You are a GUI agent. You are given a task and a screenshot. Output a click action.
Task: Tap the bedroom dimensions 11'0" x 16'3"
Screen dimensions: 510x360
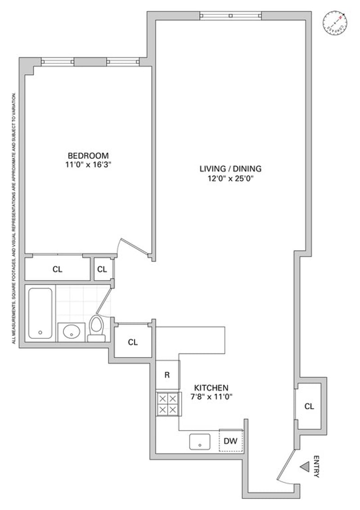coord(88,165)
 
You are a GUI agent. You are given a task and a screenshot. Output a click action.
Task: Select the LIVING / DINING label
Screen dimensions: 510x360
coord(230,169)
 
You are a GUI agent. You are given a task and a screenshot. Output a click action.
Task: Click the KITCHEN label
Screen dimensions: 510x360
coord(211,388)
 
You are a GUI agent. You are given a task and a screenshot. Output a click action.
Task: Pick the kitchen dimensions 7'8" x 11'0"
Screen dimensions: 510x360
coord(211,397)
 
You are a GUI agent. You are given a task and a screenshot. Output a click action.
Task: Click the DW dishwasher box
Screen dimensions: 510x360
coord(230,441)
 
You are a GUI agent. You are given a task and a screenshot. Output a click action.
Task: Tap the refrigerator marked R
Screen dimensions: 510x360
coord(167,375)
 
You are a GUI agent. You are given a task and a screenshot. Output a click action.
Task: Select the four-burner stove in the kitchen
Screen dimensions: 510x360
coord(167,404)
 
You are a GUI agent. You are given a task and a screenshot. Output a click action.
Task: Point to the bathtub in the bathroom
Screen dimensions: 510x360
coord(40,313)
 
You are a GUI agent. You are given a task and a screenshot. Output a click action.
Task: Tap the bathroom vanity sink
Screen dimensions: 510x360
coord(71,332)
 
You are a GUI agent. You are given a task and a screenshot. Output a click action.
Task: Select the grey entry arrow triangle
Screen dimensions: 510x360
coord(305,468)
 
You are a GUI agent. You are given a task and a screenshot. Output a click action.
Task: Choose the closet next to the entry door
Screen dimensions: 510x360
coord(309,406)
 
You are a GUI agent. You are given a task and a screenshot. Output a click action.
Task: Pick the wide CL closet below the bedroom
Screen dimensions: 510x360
coord(57,269)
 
